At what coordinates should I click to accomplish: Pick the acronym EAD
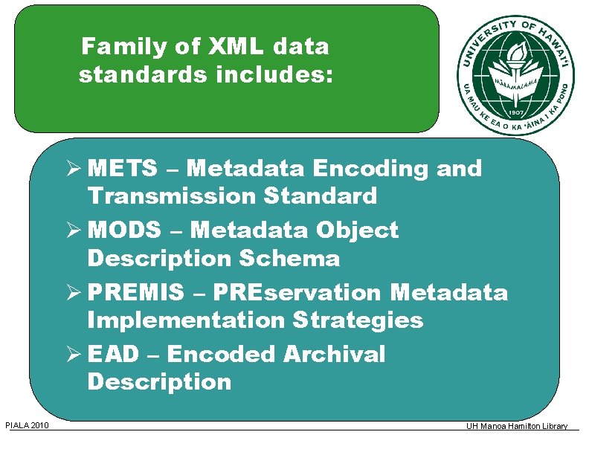(x=113, y=355)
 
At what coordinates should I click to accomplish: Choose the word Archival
(x=334, y=355)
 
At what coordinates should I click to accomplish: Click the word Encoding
(x=370, y=170)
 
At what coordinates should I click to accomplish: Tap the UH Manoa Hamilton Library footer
(x=517, y=427)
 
